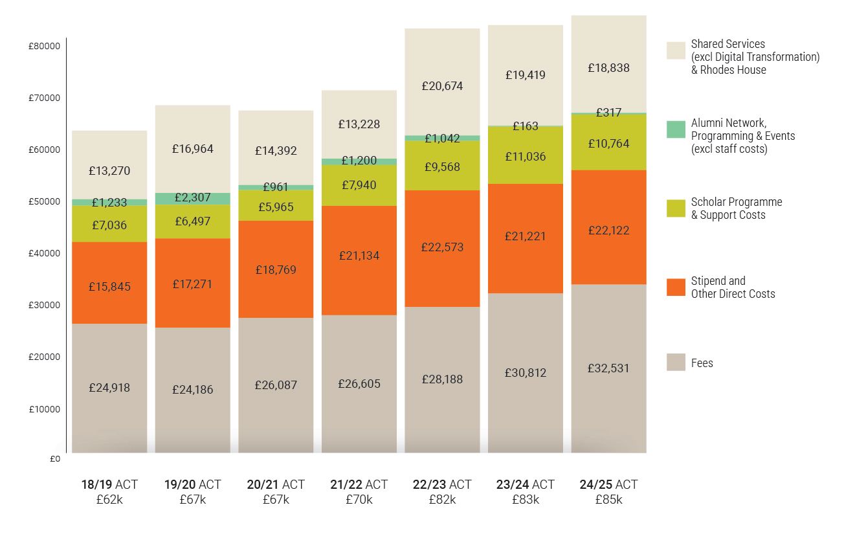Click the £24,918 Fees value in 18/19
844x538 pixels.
tap(109, 388)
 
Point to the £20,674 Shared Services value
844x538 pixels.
tap(442, 85)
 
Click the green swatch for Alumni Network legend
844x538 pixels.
tap(676, 129)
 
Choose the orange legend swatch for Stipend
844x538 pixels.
tap(676, 287)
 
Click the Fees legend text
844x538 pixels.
tap(702, 363)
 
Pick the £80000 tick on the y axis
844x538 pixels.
tap(45, 46)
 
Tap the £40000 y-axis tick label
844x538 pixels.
tap(45, 253)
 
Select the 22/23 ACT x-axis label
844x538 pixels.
tap(442, 484)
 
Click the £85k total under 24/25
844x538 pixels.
tap(608, 500)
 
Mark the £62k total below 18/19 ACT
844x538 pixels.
tap(109, 500)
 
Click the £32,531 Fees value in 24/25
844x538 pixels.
tap(608, 368)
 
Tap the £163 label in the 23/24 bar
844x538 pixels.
tap(525, 126)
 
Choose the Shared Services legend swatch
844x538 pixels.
tap(676, 50)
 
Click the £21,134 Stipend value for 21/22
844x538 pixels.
tap(359, 256)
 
